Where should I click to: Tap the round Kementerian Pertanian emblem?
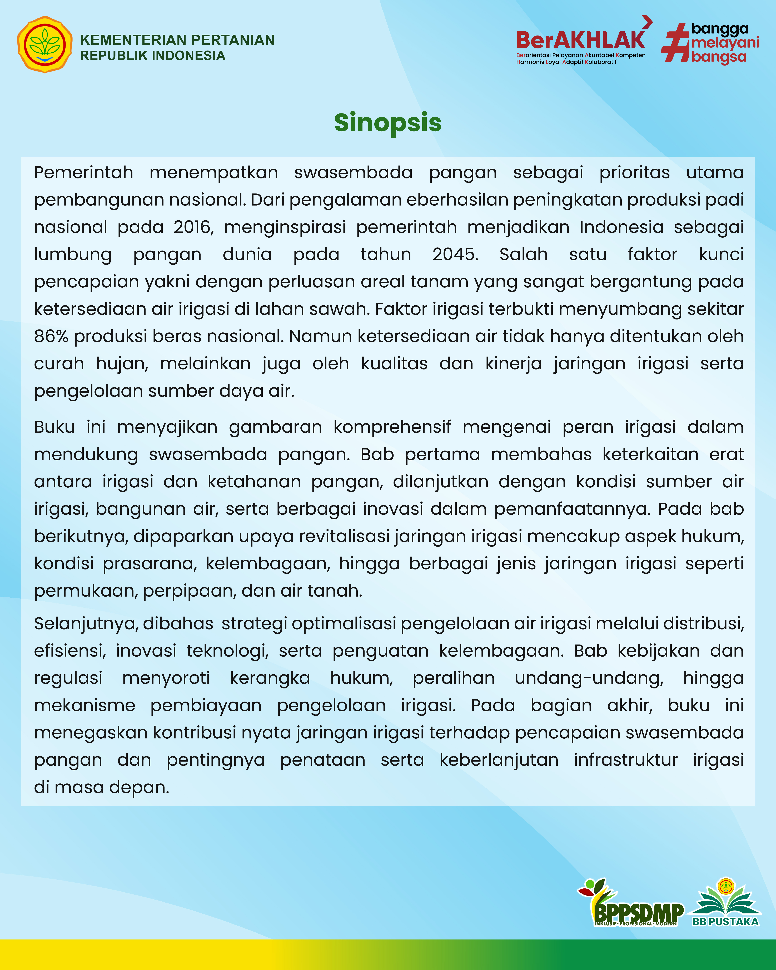coord(44,44)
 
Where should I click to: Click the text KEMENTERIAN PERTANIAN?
coord(177,40)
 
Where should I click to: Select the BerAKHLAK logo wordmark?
coord(581,40)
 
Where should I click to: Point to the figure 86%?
coord(51,337)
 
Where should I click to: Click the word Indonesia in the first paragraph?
coord(621,227)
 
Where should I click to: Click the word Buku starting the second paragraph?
coord(54,427)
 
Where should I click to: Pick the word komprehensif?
coord(392,427)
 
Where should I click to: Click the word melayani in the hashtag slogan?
coord(725,43)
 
